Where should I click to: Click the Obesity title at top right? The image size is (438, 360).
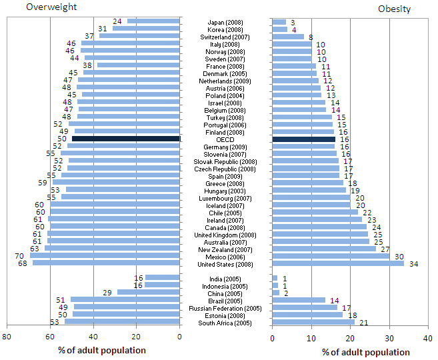(394, 9)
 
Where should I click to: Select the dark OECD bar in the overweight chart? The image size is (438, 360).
(126, 139)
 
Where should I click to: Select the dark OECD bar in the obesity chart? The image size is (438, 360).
(304, 139)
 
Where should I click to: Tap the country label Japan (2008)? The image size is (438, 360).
(225, 23)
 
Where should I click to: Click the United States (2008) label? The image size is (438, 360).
(225, 263)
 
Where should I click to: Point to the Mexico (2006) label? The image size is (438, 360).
(225, 256)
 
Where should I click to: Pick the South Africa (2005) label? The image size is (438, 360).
(225, 323)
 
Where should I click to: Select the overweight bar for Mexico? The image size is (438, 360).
(105, 255)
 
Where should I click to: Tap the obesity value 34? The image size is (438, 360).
(413, 263)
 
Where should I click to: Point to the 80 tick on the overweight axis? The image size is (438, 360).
(7, 337)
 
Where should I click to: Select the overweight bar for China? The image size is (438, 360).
(149, 292)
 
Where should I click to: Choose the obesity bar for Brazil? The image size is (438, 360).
(299, 300)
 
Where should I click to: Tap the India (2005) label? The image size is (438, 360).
(225, 279)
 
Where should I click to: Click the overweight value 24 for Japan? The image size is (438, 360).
(117, 21)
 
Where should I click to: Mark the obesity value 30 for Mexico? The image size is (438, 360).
(399, 256)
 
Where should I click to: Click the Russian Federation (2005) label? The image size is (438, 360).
(225, 308)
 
